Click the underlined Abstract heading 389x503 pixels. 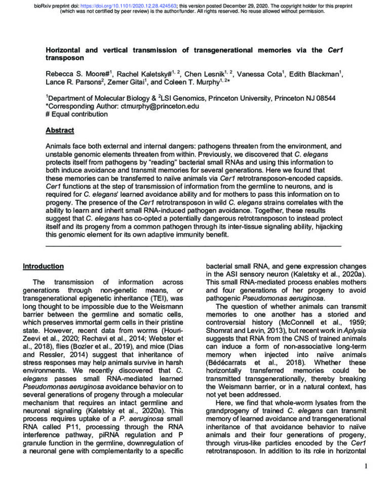pyautogui.click(x=60, y=130)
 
